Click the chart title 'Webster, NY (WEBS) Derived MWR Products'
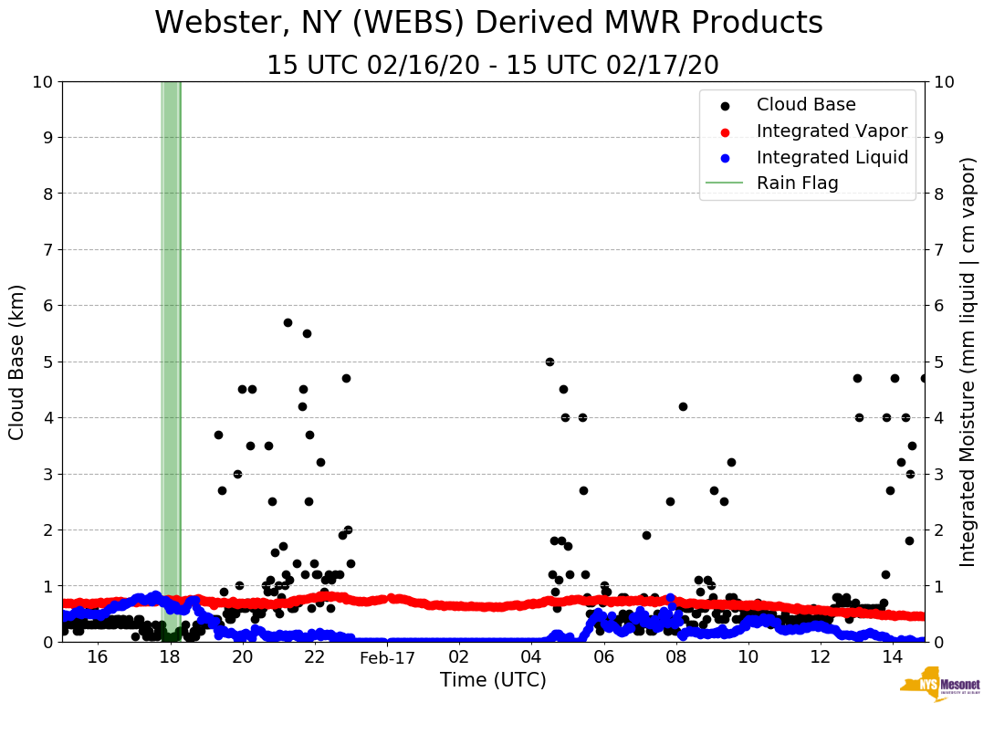point(488,24)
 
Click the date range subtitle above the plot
point(493,66)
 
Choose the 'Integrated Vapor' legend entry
point(832,131)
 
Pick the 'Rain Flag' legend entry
point(797,183)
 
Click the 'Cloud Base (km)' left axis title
point(18,362)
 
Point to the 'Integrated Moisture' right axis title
point(968,362)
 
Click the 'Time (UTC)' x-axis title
point(493,680)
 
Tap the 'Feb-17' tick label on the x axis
point(387,658)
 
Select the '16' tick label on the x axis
point(98,658)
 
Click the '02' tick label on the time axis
point(459,658)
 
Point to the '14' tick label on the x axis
point(892,658)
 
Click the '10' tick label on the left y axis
point(42,82)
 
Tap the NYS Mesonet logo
point(940,689)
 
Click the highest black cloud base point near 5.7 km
point(288,322)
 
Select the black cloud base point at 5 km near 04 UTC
point(549,362)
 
